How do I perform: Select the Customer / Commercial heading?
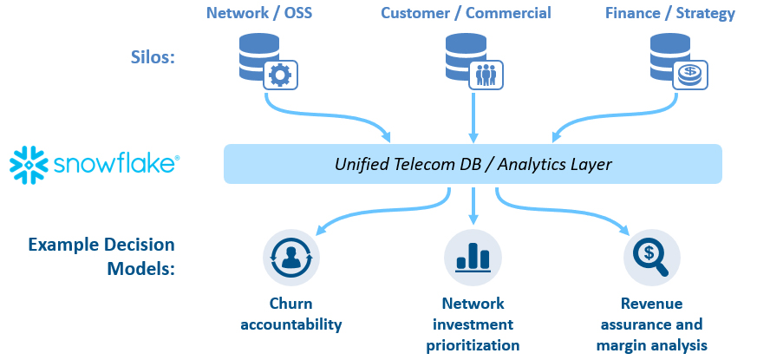(466, 13)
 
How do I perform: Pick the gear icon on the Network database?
(280, 75)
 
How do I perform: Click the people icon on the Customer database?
(486, 75)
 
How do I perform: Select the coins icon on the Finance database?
(691, 75)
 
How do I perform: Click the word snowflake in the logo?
(114, 165)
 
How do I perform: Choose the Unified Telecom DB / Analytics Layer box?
(473, 164)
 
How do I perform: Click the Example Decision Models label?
(102, 257)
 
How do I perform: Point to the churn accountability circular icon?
(290, 259)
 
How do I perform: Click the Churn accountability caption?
(290, 314)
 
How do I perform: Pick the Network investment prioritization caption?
(473, 324)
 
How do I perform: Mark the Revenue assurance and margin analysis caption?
(651, 324)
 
